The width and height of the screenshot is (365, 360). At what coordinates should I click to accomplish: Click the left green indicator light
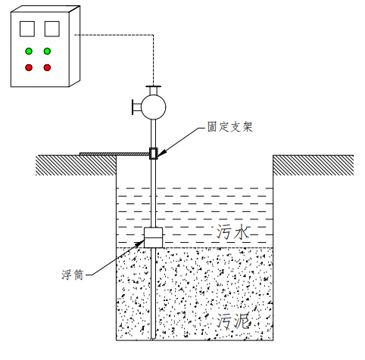29,52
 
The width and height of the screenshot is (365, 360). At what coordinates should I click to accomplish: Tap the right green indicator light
47,52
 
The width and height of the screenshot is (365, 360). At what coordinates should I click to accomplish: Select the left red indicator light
29,68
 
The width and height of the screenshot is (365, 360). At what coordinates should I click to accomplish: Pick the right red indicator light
47,68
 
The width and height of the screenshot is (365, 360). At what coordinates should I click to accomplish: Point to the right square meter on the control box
51,29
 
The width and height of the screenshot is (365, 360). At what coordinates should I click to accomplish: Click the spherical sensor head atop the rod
154,104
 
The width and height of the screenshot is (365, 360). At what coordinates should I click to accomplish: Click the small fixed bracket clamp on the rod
154,153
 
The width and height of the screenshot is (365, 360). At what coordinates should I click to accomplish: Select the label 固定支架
229,127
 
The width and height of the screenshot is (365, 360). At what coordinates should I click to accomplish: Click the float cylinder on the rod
154,237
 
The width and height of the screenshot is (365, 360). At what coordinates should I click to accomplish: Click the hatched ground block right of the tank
313,164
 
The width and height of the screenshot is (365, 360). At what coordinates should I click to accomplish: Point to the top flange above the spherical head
154,84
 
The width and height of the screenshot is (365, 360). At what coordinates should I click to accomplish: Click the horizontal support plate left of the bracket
114,155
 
